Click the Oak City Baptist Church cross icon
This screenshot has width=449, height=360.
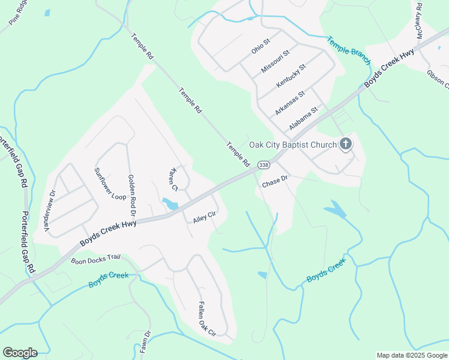coord(345,144)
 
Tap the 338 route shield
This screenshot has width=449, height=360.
coord(264,164)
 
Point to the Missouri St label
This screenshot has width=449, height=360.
coord(276,61)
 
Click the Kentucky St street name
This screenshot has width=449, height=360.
coord(291,76)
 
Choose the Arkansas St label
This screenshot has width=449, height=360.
coord(291,103)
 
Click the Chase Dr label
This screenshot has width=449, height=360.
coord(276,182)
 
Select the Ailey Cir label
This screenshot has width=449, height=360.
coord(204,217)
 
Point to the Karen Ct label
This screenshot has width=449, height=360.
coord(175,178)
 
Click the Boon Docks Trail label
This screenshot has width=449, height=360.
coord(96,259)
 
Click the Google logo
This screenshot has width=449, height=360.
coord(20,353)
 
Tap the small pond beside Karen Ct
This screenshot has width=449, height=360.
coord(170,203)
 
